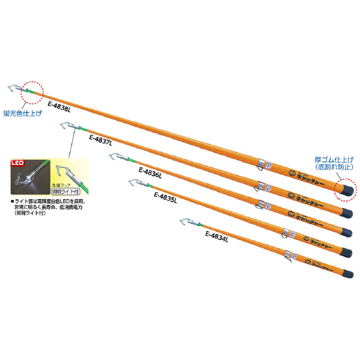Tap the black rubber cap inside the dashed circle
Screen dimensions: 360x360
(344, 190)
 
